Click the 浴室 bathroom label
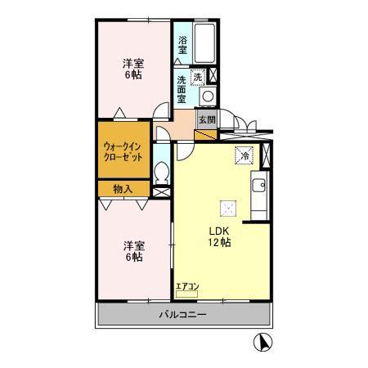coord(181,43)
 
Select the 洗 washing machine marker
coord(197,76)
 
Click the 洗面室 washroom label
coord(182,88)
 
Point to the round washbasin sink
coord(207,96)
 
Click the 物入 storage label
coord(123,189)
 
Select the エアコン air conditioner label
coord(186,286)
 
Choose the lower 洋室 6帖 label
coord(134,250)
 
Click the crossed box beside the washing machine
coord(213,76)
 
